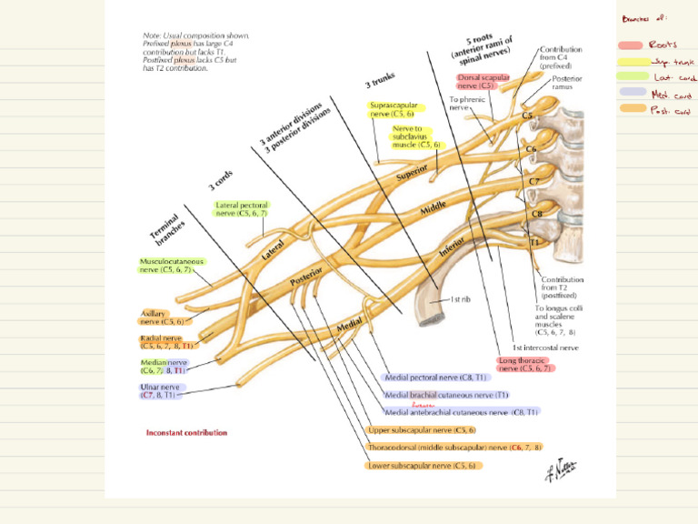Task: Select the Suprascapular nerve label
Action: click(394, 110)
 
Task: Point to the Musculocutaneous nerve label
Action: click(171, 265)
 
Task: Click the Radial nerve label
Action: click(165, 342)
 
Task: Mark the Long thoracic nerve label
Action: click(525, 364)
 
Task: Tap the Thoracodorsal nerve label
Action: click(454, 448)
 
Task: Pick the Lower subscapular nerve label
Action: click(423, 465)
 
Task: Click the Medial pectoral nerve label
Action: click(436, 377)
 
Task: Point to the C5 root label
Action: click(526, 116)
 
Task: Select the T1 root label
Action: click(534, 244)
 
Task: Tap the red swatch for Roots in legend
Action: click(630, 45)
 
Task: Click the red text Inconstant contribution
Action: click(187, 433)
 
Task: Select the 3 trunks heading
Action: click(382, 83)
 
